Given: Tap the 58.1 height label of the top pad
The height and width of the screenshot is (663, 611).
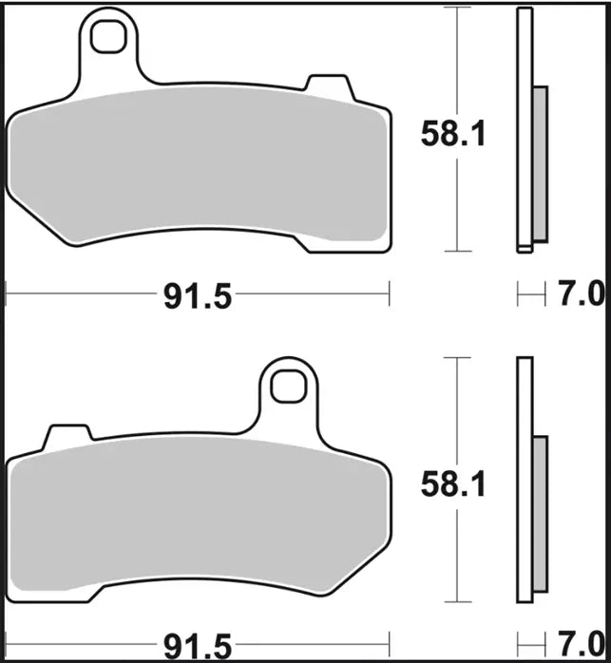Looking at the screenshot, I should (453, 136).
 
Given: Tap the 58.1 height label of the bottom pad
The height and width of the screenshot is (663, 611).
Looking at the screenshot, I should (453, 487).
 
